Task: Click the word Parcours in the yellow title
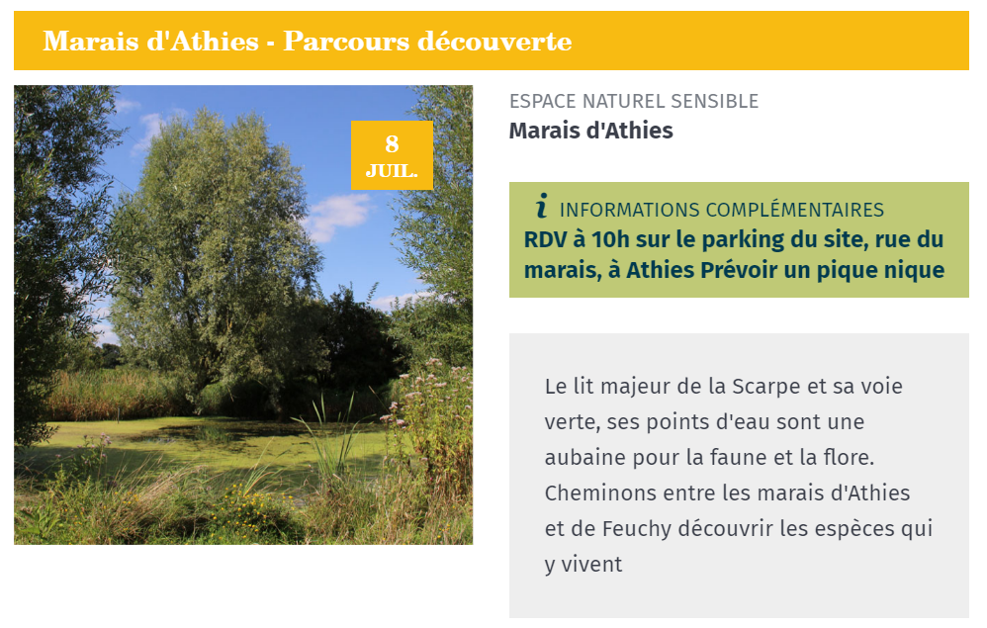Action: (x=346, y=42)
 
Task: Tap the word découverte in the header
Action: (x=494, y=42)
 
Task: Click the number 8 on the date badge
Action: (x=393, y=144)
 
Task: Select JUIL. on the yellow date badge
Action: (x=392, y=171)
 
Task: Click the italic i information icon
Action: (x=541, y=206)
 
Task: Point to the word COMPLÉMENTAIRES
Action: (x=795, y=210)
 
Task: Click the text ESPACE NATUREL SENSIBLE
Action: (x=634, y=101)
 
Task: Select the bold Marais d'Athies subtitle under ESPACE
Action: (x=591, y=131)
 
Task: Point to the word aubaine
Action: (x=585, y=458)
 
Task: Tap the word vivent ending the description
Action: (x=591, y=565)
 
